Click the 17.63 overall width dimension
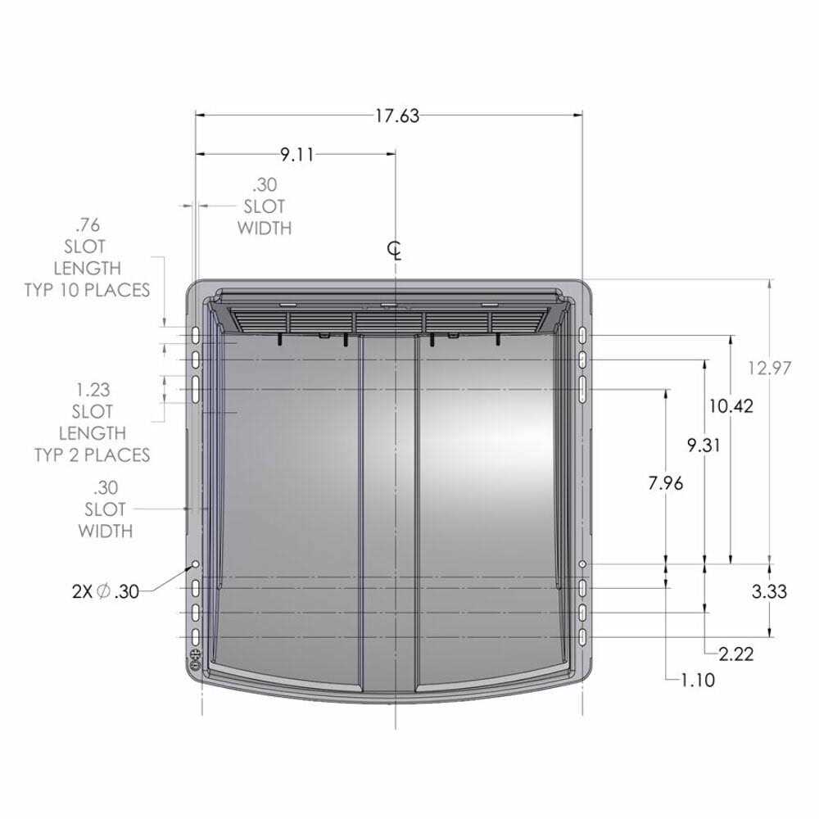(x=397, y=115)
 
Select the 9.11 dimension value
(x=296, y=155)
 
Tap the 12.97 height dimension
(x=769, y=369)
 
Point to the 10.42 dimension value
(x=731, y=406)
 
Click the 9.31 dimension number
(x=703, y=445)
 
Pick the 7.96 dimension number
(x=665, y=483)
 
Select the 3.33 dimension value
(x=769, y=591)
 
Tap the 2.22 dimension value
(x=736, y=654)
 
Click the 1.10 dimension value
(x=698, y=680)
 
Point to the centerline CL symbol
(x=395, y=251)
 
